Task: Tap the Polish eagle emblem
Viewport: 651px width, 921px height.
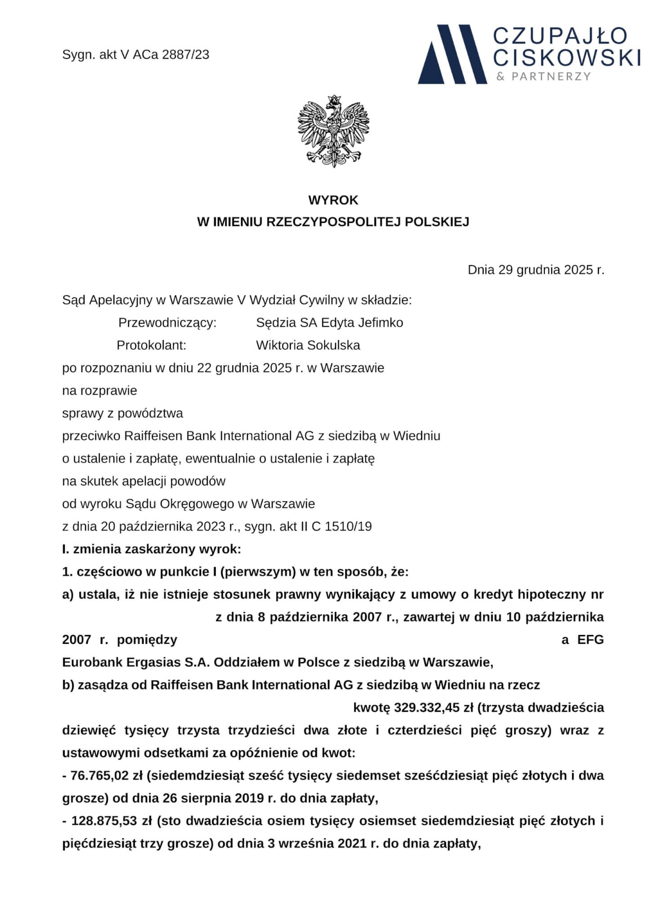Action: (x=333, y=132)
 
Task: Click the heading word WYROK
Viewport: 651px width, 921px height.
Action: (x=333, y=200)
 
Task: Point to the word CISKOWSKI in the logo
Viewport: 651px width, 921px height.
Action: (x=567, y=57)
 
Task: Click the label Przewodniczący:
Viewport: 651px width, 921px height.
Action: (x=167, y=322)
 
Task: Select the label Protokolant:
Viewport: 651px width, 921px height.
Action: (x=152, y=345)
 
